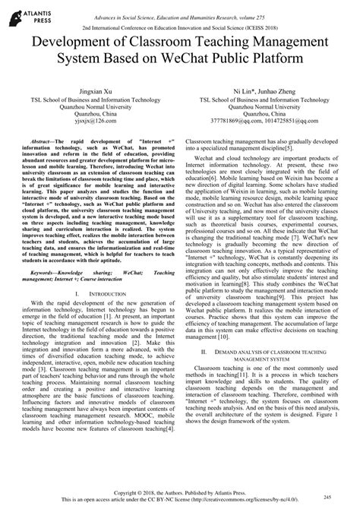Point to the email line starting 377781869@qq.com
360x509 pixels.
click(x=267, y=119)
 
